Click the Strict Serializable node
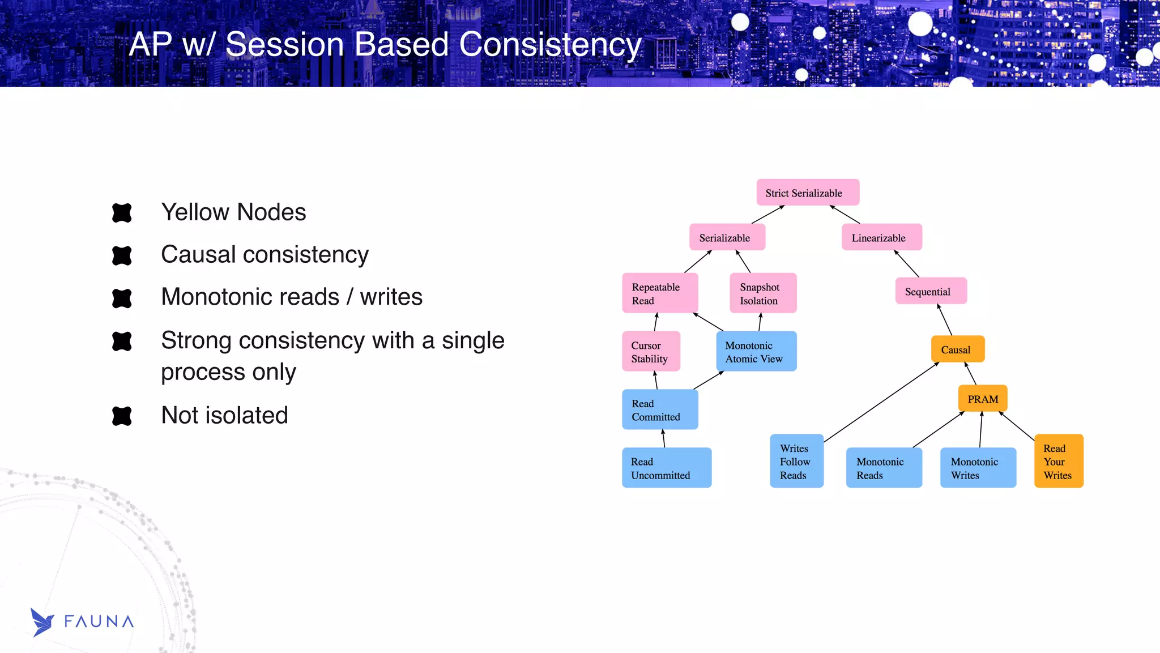pyautogui.click(x=808, y=193)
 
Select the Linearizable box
pyautogui.click(x=881, y=237)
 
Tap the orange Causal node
pyautogui.click(x=957, y=349)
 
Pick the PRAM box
pyautogui.click(x=982, y=399)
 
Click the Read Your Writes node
pyautogui.click(x=1058, y=461)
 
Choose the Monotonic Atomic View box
pyautogui.click(x=756, y=352)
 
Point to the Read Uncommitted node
pyautogui.click(x=666, y=468)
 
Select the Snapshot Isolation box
pyautogui.click(x=763, y=293)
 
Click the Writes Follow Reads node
pyautogui.click(x=796, y=461)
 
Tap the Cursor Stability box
pyautogui.click(x=650, y=352)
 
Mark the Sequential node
pyautogui.click(x=931, y=291)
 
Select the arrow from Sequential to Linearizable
pyautogui.click(x=907, y=264)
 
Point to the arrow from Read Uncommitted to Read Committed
pyautogui.click(x=663, y=438)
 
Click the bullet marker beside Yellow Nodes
pyautogui.click(x=122, y=213)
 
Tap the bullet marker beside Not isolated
pyautogui.click(x=122, y=416)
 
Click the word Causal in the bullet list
pyautogui.click(x=198, y=255)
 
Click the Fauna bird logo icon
pyautogui.click(x=42, y=622)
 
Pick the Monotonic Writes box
pyautogui.click(x=978, y=468)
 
